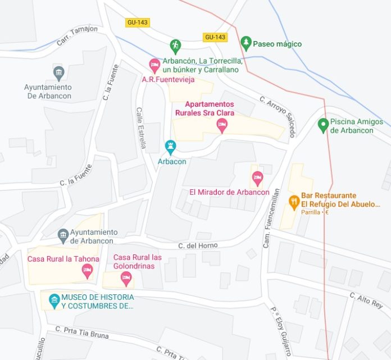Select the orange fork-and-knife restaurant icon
[293, 200]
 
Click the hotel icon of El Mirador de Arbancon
[257, 178]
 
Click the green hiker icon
[175, 45]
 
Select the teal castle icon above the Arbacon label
[170, 148]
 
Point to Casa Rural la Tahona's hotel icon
[87, 272]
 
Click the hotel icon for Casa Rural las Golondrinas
[126, 276]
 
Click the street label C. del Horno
[198, 245]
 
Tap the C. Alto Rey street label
[366, 300]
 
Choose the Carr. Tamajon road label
[76, 36]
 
